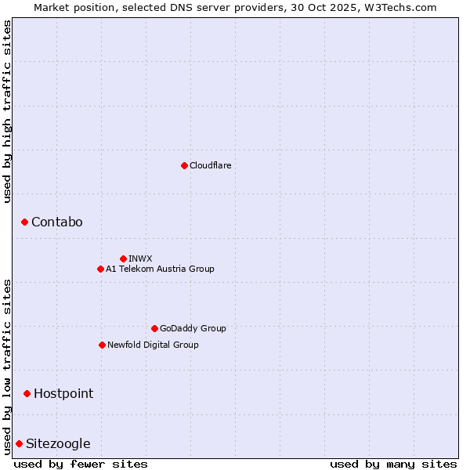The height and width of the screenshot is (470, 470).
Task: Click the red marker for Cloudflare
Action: (x=184, y=165)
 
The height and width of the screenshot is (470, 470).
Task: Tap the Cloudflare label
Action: (x=210, y=165)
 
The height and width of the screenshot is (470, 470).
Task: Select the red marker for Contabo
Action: (x=24, y=222)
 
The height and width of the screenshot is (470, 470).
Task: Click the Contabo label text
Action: (x=56, y=222)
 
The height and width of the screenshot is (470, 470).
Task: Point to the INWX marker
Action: (x=123, y=258)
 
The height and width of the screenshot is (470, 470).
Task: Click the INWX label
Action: (x=140, y=258)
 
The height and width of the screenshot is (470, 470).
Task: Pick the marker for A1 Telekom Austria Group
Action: (x=100, y=269)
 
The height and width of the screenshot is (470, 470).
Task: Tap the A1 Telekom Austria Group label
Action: (x=160, y=269)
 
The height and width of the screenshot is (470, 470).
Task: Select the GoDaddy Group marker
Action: (x=154, y=328)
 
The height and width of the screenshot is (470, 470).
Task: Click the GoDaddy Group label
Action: (x=192, y=328)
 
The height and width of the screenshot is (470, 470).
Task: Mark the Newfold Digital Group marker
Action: (x=102, y=345)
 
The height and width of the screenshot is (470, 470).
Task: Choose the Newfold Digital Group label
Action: (x=153, y=345)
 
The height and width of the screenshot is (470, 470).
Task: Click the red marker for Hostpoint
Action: (x=27, y=393)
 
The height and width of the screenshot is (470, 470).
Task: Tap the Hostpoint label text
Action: (x=63, y=393)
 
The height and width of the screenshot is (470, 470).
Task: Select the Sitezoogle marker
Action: (x=19, y=443)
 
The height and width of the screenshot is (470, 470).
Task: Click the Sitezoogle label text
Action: (x=58, y=443)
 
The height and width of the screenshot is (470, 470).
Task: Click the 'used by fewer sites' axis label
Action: (x=81, y=464)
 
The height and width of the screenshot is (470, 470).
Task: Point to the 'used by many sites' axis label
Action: (x=393, y=464)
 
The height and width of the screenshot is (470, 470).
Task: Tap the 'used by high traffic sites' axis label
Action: (x=7, y=111)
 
